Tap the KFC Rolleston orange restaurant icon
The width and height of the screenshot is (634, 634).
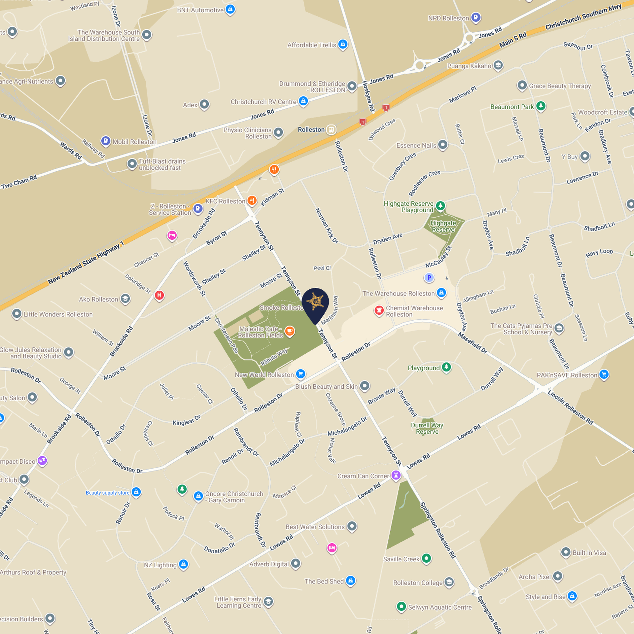252,200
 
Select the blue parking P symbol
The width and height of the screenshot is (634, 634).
429,278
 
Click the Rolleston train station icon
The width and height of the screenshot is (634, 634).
331,129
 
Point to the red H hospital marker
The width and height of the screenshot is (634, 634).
159,295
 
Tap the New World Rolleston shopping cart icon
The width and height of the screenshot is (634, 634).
300,374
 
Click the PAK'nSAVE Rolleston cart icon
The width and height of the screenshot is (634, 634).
604,374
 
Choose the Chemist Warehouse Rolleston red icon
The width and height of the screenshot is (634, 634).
379,310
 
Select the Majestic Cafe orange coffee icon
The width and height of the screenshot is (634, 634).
290,331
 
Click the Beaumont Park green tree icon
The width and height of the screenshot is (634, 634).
541,106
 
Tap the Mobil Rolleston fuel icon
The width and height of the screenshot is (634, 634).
105,141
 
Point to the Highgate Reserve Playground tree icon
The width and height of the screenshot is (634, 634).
440,206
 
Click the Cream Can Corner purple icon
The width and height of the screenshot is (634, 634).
396,475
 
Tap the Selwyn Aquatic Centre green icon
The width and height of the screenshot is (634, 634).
401,606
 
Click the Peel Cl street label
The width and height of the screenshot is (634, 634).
322,268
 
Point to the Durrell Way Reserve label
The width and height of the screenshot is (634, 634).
427,428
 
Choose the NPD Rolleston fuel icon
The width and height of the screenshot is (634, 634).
476,17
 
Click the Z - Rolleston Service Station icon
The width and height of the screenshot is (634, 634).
198,208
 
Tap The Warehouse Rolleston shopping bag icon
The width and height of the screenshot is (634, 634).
441,293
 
